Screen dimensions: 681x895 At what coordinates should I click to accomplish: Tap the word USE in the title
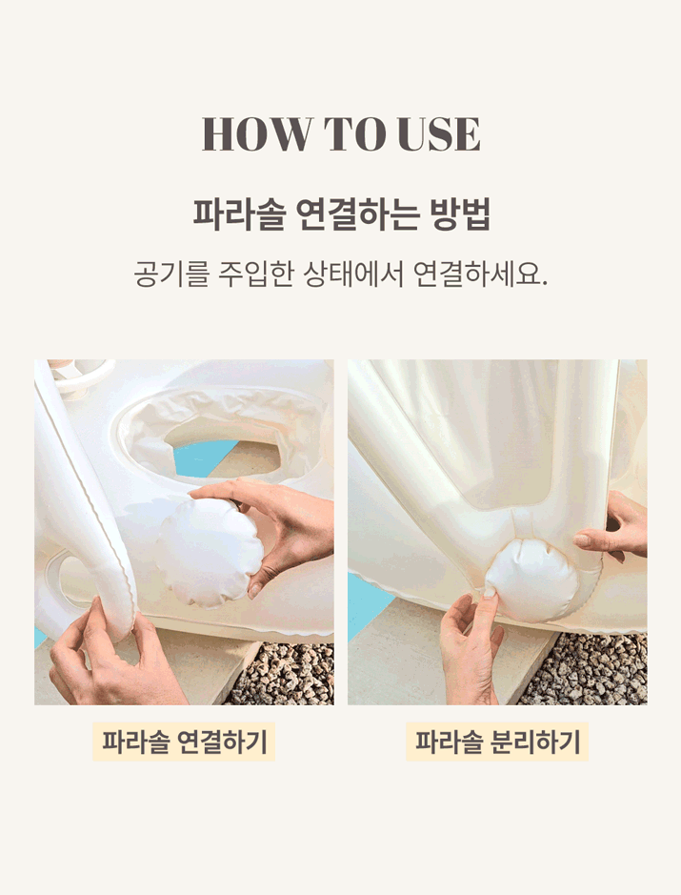coord(439,134)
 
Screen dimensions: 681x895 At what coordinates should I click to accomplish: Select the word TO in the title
coord(353,134)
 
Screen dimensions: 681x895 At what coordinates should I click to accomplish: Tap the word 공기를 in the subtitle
coord(170,274)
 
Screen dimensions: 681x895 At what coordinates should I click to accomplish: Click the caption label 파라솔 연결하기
coord(184,742)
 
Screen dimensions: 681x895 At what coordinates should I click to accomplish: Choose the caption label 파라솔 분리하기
coord(497,742)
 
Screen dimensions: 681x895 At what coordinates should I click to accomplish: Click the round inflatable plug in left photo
coord(210,552)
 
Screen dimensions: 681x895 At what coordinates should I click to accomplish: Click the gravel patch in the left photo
coord(285,674)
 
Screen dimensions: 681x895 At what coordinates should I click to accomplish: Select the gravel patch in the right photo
coord(588,669)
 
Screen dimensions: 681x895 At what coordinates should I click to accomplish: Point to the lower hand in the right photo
coord(472,645)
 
